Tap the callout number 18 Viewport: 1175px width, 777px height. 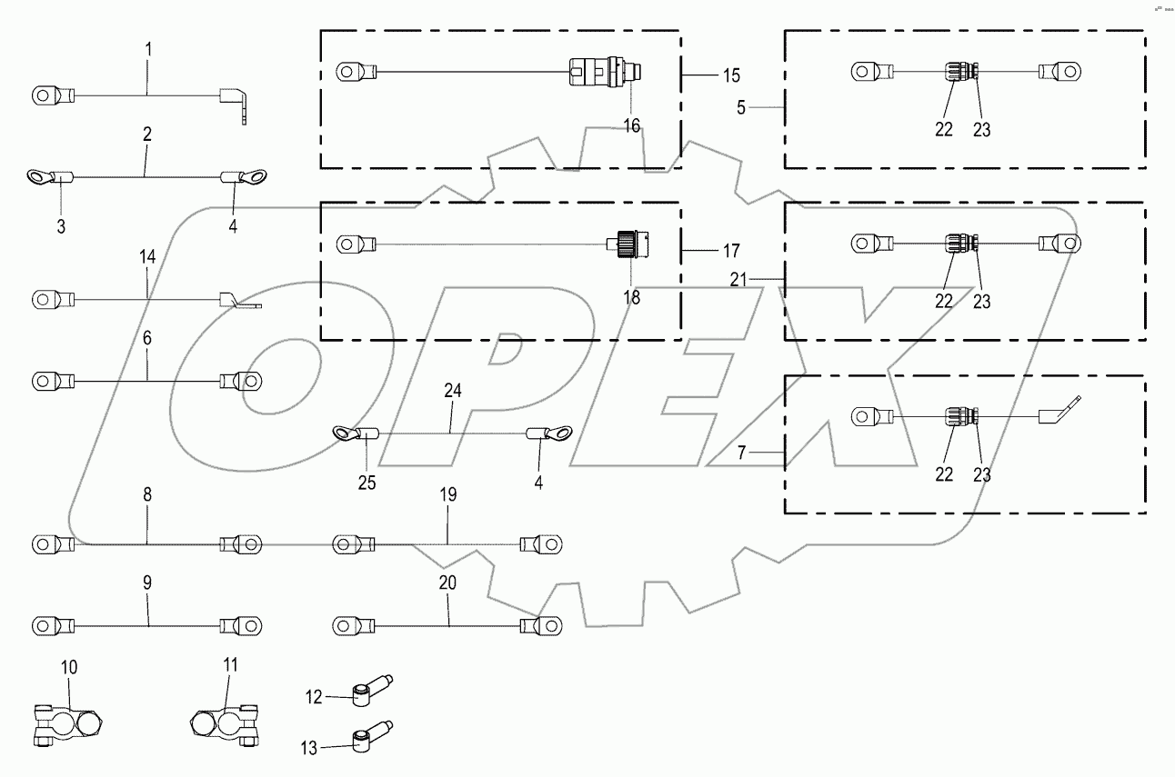click(x=630, y=297)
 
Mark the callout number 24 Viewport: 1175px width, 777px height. click(x=453, y=392)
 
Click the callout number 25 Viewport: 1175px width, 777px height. click(x=366, y=483)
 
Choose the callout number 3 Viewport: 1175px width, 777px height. click(x=61, y=226)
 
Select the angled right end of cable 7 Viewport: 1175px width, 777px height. click(x=1058, y=410)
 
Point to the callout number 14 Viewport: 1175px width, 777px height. click(x=147, y=258)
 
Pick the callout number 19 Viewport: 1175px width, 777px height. click(x=448, y=494)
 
